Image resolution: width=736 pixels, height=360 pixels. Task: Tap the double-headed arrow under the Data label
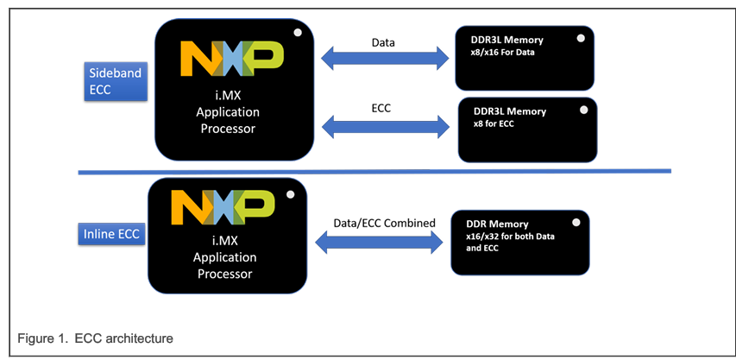pos(385,60)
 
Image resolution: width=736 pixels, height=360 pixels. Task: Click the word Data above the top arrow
pos(384,41)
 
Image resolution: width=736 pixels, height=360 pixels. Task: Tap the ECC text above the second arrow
pos(384,108)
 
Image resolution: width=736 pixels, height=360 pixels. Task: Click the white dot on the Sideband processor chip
pos(297,32)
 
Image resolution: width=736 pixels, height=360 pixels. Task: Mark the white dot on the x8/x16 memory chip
pos(581,38)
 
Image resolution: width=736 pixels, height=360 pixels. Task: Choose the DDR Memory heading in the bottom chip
pos(497,224)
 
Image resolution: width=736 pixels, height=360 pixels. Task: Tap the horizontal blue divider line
pos(374,172)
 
